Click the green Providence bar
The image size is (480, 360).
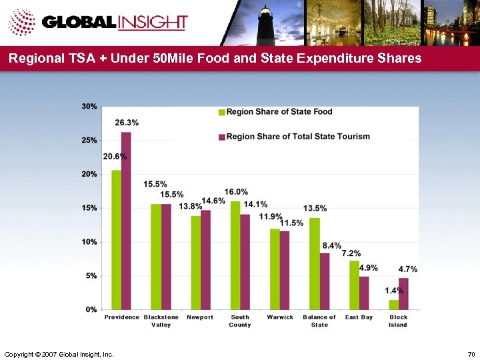point(116,240)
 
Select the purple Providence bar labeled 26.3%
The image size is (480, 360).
point(126,221)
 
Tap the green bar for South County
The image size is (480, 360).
point(235,255)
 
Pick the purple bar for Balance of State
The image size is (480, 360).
point(325,281)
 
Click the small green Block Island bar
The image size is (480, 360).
point(394,305)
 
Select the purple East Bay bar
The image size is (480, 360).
point(364,293)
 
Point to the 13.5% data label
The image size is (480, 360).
point(315,209)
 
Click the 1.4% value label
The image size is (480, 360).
point(394,291)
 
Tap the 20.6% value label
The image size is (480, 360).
point(115,156)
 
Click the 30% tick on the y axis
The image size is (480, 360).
point(89,106)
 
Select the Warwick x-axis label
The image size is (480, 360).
point(280,317)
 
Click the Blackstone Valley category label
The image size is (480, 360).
point(161,321)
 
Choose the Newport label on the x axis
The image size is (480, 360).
point(200,317)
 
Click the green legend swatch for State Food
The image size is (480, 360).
point(223,112)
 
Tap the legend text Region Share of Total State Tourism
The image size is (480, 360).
point(298,137)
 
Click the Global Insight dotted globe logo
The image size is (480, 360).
point(21,23)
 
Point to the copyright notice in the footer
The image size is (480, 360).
point(59,352)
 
